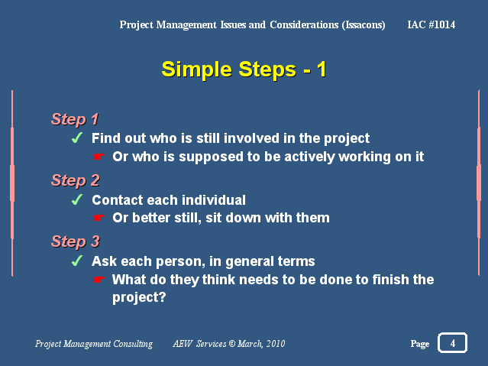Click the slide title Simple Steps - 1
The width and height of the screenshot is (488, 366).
click(x=244, y=70)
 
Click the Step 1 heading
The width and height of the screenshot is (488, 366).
click(x=75, y=120)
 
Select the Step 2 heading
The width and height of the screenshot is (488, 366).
click(x=76, y=180)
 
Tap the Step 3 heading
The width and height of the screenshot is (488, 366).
click(x=76, y=241)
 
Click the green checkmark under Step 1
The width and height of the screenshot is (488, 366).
click(x=77, y=138)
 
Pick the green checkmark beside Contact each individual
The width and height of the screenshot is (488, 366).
click(x=77, y=199)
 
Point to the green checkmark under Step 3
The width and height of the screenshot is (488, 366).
click(x=77, y=261)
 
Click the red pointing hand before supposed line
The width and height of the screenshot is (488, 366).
click(x=98, y=157)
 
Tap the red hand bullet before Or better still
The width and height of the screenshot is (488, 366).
click(x=98, y=218)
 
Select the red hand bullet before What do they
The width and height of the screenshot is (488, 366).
click(x=98, y=280)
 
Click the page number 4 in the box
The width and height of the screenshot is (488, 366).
click(x=453, y=343)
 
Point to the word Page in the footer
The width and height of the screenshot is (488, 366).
click(x=420, y=344)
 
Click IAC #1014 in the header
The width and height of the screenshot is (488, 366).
click(x=431, y=24)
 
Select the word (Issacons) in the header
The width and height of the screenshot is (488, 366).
click(x=364, y=25)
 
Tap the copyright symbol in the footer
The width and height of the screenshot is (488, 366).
click(x=232, y=343)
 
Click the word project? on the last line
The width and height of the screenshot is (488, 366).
click(x=139, y=297)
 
